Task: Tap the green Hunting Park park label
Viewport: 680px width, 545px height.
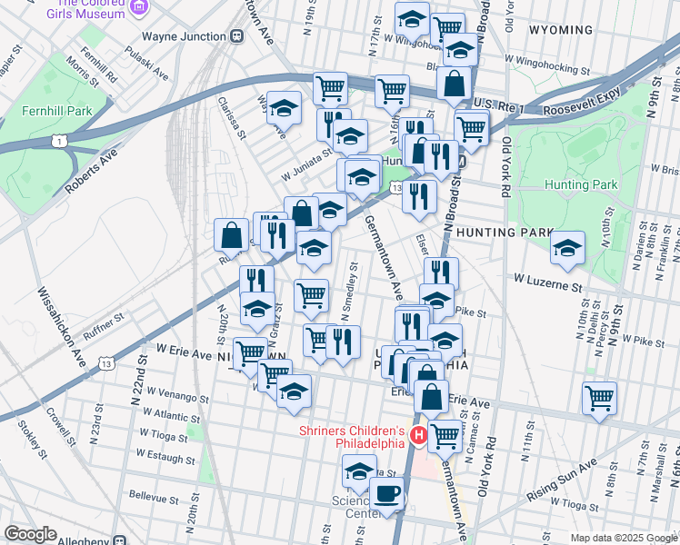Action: pyautogui.click(x=581, y=184)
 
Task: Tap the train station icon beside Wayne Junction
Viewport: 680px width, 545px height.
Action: pyautogui.click(x=236, y=35)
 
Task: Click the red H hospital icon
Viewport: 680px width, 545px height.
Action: pyautogui.click(x=419, y=437)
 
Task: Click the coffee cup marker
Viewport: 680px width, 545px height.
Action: pyautogui.click(x=387, y=495)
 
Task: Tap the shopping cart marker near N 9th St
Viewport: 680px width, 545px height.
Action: pyautogui.click(x=600, y=397)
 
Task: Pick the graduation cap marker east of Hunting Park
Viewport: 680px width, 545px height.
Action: pyautogui.click(x=567, y=248)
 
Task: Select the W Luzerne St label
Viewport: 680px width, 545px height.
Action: pyautogui.click(x=546, y=286)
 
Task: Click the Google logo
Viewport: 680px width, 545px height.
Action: pyautogui.click(x=30, y=534)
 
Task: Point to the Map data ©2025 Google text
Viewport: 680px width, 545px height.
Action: pyautogui.click(x=623, y=538)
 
